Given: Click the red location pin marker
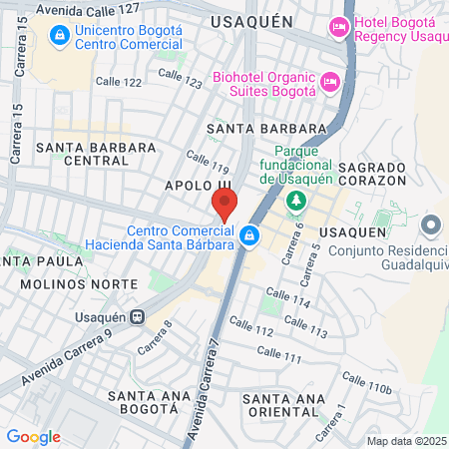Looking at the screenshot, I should tap(224, 205).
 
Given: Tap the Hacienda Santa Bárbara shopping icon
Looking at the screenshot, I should tap(250, 236).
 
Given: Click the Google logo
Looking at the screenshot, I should tap(33, 436).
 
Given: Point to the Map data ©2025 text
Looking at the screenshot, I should tap(405, 440).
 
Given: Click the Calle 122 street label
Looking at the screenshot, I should tap(118, 82).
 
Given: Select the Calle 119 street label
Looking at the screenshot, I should tap(208, 162).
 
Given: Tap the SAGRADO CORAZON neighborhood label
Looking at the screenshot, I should tap(372, 175).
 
